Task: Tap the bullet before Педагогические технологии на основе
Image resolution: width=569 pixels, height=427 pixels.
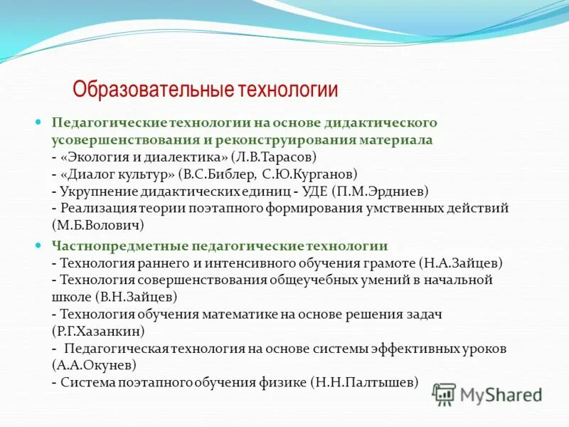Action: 41,122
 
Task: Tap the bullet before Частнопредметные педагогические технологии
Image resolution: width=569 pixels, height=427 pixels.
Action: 41,245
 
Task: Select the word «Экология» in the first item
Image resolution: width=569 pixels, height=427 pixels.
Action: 92,156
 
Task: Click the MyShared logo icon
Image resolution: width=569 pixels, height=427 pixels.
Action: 444,394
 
